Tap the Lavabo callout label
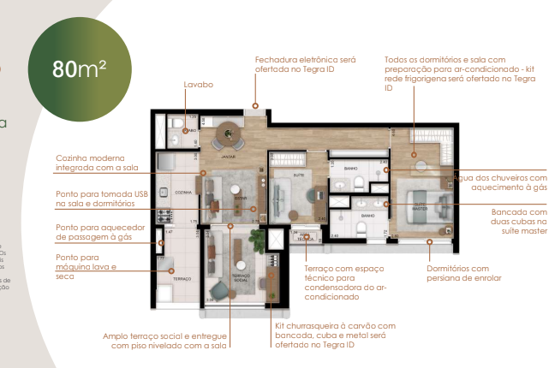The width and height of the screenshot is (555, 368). coord(198,85)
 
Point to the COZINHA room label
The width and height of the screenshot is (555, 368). coord(182,193)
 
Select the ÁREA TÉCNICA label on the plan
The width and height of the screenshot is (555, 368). coord(304,237)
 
